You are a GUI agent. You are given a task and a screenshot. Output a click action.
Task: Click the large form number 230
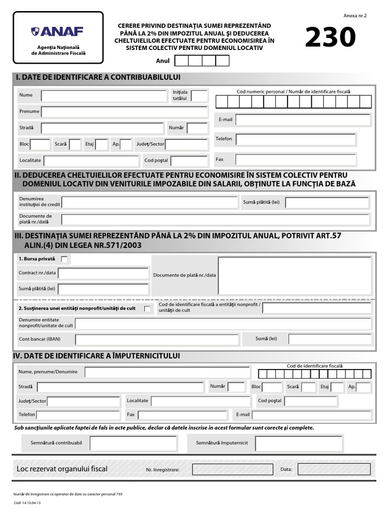click(x=330, y=38)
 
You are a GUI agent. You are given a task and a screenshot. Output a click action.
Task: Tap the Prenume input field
click(x=124, y=112)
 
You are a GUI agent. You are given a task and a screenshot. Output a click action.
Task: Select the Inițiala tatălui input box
click(x=199, y=95)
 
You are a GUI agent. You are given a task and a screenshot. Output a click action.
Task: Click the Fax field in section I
click(x=296, y=160)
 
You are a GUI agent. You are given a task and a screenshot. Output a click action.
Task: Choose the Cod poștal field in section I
click(x=189, y=161)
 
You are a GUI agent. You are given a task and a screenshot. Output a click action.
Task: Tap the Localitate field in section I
click(x=91, y=161)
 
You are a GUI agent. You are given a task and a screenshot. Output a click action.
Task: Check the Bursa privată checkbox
click(x=64, y=259)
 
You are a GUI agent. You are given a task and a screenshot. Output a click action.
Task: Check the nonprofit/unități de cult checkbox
click(x=147, y=308)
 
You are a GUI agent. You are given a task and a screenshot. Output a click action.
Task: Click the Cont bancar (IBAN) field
click(x=157, y=339)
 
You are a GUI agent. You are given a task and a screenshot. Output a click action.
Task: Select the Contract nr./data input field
click(x=103, y=273)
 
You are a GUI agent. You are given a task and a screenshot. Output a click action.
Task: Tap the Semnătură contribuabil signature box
click(x=133, y=443)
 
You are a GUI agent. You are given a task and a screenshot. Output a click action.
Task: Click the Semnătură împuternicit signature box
click(x=299, y=443)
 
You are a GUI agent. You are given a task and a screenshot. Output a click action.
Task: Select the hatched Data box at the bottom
click(x=333, y=470)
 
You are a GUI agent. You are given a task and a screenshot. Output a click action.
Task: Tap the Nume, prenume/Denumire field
click(x=167, y=372)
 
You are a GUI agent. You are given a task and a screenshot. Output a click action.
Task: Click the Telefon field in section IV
click(x=78, y=415)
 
